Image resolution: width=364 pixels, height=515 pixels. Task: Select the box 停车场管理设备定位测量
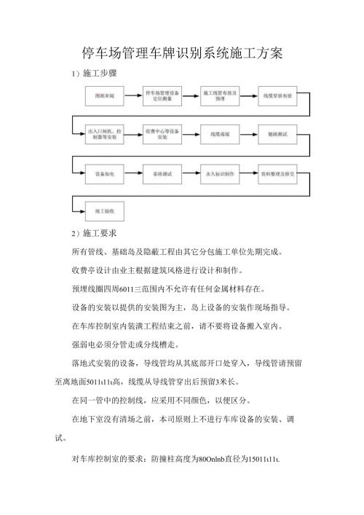(x=162, y=95)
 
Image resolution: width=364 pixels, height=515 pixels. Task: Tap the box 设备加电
(x=105, y=176)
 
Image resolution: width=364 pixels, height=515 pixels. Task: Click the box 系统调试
(x=162, y=176)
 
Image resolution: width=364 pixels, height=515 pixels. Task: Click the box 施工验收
(x=105, y=211)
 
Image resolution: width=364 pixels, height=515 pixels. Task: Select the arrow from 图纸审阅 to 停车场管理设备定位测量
(x=133, y=95)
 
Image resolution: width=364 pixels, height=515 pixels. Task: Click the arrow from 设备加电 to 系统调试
(x=133, y=176)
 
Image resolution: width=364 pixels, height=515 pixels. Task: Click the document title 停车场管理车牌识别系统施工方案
(x=181, y=53)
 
